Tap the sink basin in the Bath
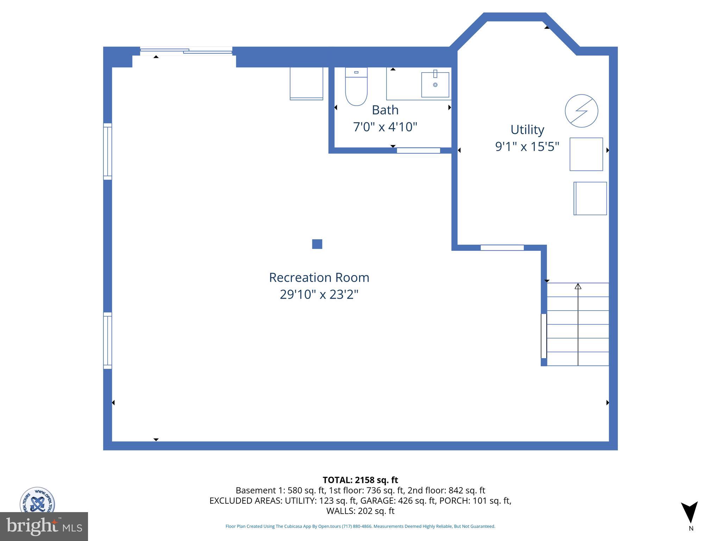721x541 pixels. tap(435, 85)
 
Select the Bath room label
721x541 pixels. tap(385, 110)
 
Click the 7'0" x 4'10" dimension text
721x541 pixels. tap(385, 127)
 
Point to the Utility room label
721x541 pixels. tap(527, 130)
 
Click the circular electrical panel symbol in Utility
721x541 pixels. tap(581, 111)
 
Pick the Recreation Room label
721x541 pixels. tap(319, 278)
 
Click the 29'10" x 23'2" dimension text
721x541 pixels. tap(319, 294)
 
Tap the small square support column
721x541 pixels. tap(317, 244)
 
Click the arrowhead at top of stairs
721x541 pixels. tap(578, 286)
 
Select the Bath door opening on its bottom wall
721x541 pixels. tap(418, 151)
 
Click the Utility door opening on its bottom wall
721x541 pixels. tap(502, 248)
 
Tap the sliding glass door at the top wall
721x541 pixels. tap(186, 51)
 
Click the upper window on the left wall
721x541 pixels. tap(107, 151)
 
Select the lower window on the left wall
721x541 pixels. tap(107, 341)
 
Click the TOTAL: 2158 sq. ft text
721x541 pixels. tap(360, 480)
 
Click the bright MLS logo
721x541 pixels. tap(44, 526)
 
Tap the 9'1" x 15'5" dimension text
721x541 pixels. tap(527, 147)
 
